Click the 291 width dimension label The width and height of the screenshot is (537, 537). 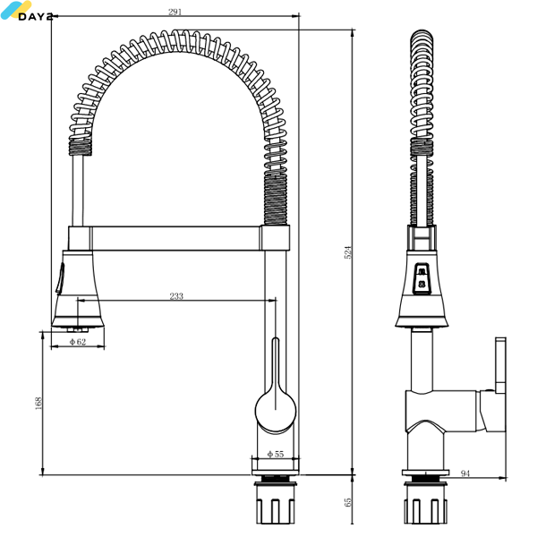pos(175,12)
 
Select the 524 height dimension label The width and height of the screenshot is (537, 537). pos(347,252)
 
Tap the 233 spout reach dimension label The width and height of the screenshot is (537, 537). pos(176,296)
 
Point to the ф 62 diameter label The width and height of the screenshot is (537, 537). pos(78,342)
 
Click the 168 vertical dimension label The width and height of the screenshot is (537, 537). pos(38,403)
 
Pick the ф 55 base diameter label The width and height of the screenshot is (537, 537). pos(276,454)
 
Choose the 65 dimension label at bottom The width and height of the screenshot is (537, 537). pos(347,502)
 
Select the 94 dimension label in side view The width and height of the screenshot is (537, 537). pos(465,473)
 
